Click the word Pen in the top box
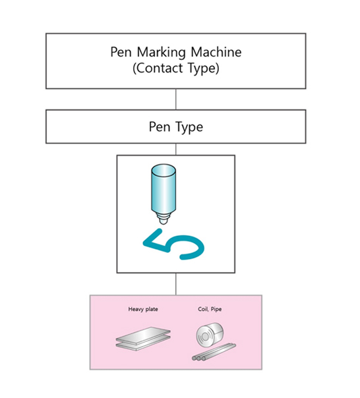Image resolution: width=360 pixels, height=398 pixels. [x=121, y=53]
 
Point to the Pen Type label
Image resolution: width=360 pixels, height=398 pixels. [x=175, y=127]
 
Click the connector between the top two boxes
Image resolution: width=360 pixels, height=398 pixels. [x=175, y=99]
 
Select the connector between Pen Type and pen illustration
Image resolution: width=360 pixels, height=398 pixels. [x=175, y=149]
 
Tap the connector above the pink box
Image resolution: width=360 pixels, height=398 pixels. [x=175, y=284]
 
